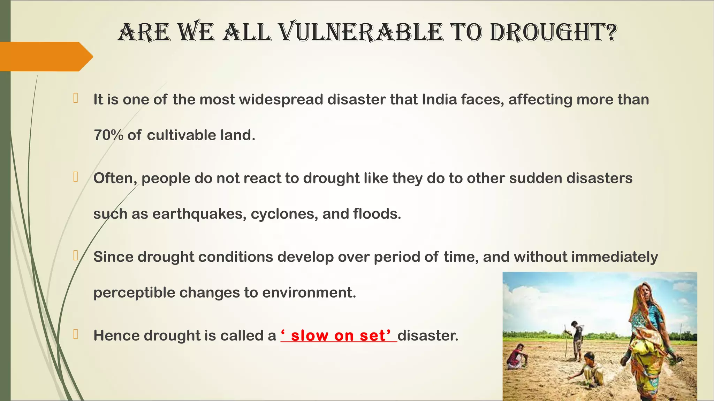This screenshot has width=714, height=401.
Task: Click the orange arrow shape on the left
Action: click(x=45, y=56)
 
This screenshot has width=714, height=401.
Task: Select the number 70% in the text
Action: click(x=108, y=135)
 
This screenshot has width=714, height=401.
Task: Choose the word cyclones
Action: click(x=284, y=214)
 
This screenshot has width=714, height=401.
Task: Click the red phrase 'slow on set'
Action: click(x=339, y=336)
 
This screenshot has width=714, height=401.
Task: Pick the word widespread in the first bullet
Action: click(x=281, y=100)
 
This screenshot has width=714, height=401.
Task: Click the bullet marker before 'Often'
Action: click(x=75, y=177)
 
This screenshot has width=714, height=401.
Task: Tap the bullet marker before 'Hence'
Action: click(x=75, y=335)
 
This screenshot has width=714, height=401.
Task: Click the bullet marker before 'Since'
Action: click(x=75, y=256)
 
